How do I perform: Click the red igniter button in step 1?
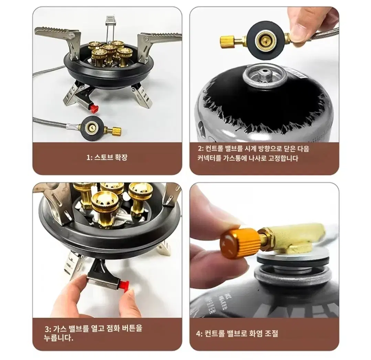95,108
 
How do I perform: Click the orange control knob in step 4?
240,241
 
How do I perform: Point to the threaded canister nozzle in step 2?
264,76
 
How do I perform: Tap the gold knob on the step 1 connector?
116,130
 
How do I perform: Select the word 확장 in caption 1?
121,157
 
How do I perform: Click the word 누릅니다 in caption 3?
58,338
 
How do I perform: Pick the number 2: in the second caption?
201,149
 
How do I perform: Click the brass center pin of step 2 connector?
264,40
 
